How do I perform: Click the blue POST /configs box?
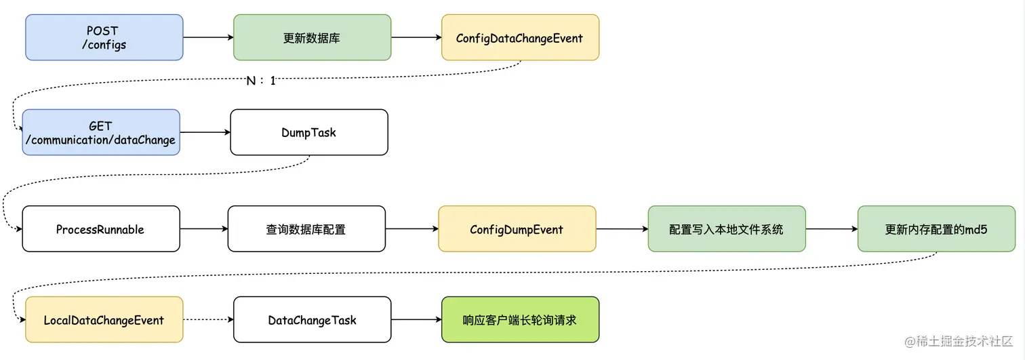[x=104, y=38]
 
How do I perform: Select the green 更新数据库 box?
[x=312, y=38]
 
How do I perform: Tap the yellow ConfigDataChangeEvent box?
[x=520, y=38]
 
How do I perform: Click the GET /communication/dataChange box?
[x=101, y=132]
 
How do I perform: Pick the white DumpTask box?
[x=309, y=132]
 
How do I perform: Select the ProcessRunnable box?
[x=101, y=229]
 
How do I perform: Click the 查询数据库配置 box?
[x=306, y=229]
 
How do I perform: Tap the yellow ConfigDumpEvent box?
[x=517, y=229]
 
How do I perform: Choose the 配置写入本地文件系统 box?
[x=727, y=229]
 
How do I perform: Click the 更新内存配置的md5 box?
[x=936, y=229]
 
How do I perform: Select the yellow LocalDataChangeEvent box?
[x=104, y=319]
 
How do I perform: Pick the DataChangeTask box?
[x=312, y=319]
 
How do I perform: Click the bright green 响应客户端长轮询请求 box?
[x=520, y=319]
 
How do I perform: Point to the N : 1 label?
[x=261, y=81]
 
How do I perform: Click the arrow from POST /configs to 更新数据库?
[x=208, y=38]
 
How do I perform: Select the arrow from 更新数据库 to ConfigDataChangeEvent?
[x=416, y=38]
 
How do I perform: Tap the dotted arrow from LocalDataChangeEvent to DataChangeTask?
[x=208, y=319]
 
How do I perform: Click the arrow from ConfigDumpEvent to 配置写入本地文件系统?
[x=622, y=229]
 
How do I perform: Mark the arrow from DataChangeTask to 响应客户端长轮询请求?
[x=416, y=319]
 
